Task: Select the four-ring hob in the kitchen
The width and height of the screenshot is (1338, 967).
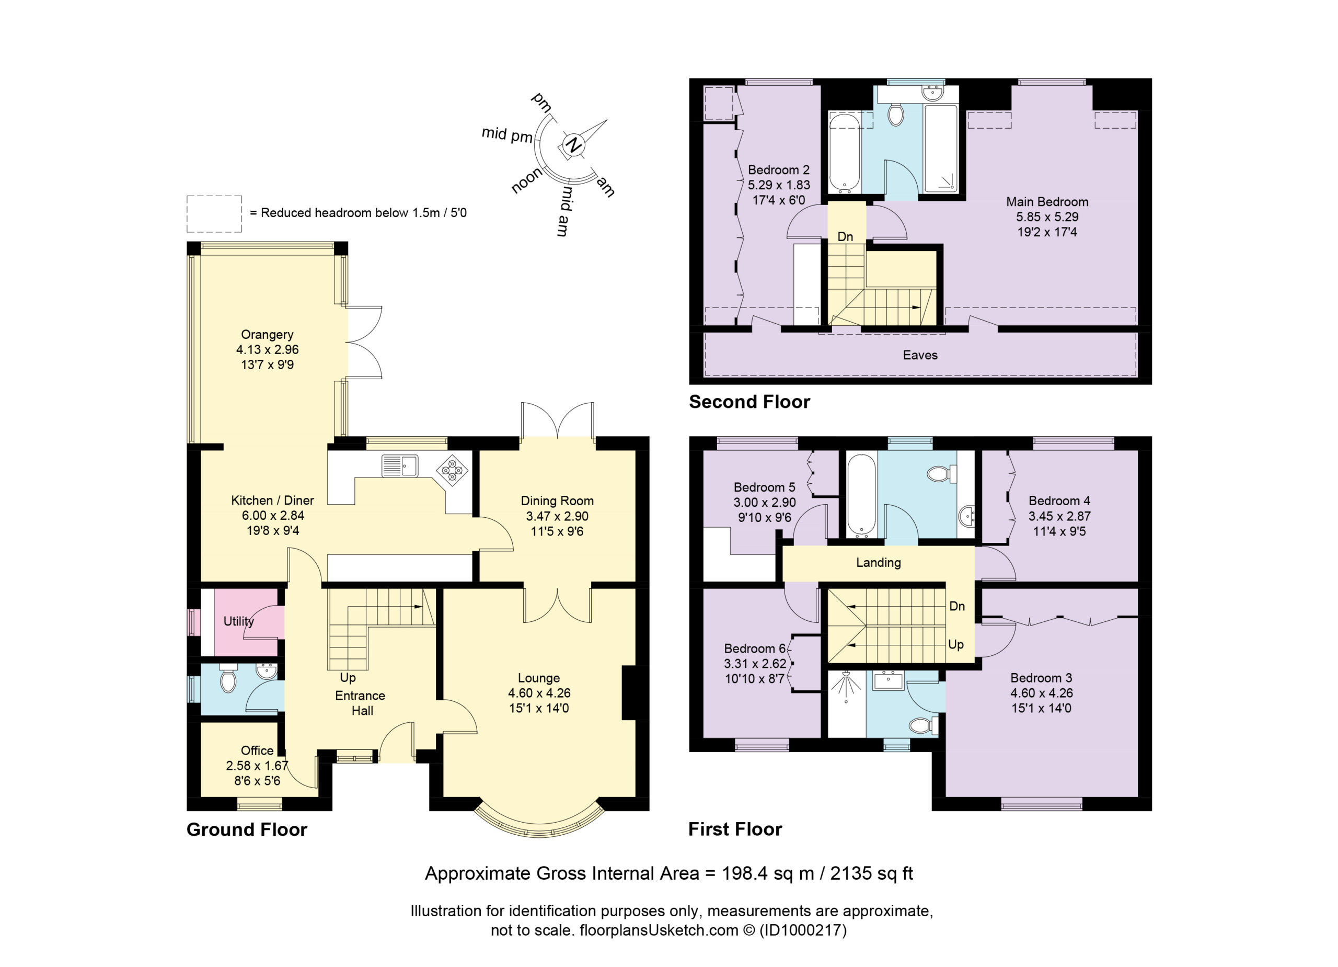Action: [453, 471]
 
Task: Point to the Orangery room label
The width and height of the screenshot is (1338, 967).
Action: [267, 335]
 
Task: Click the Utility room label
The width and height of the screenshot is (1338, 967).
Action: [238, 621]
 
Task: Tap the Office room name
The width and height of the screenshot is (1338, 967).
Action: [257, 750]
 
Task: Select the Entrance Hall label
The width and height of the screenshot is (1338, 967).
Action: [361, 703]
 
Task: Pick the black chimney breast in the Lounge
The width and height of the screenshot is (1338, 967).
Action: [629, 692]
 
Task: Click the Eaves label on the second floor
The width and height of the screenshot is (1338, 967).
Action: [920, 355]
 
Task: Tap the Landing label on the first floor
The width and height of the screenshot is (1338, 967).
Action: [879, 563]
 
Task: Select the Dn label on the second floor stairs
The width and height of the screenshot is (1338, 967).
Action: [845, 237]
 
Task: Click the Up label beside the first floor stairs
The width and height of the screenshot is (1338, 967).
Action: [956, 644]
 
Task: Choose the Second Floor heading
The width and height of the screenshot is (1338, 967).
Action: [750, 402]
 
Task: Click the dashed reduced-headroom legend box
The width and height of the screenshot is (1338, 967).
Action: [214, 214]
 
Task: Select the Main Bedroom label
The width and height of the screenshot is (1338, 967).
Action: [1047, 202]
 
